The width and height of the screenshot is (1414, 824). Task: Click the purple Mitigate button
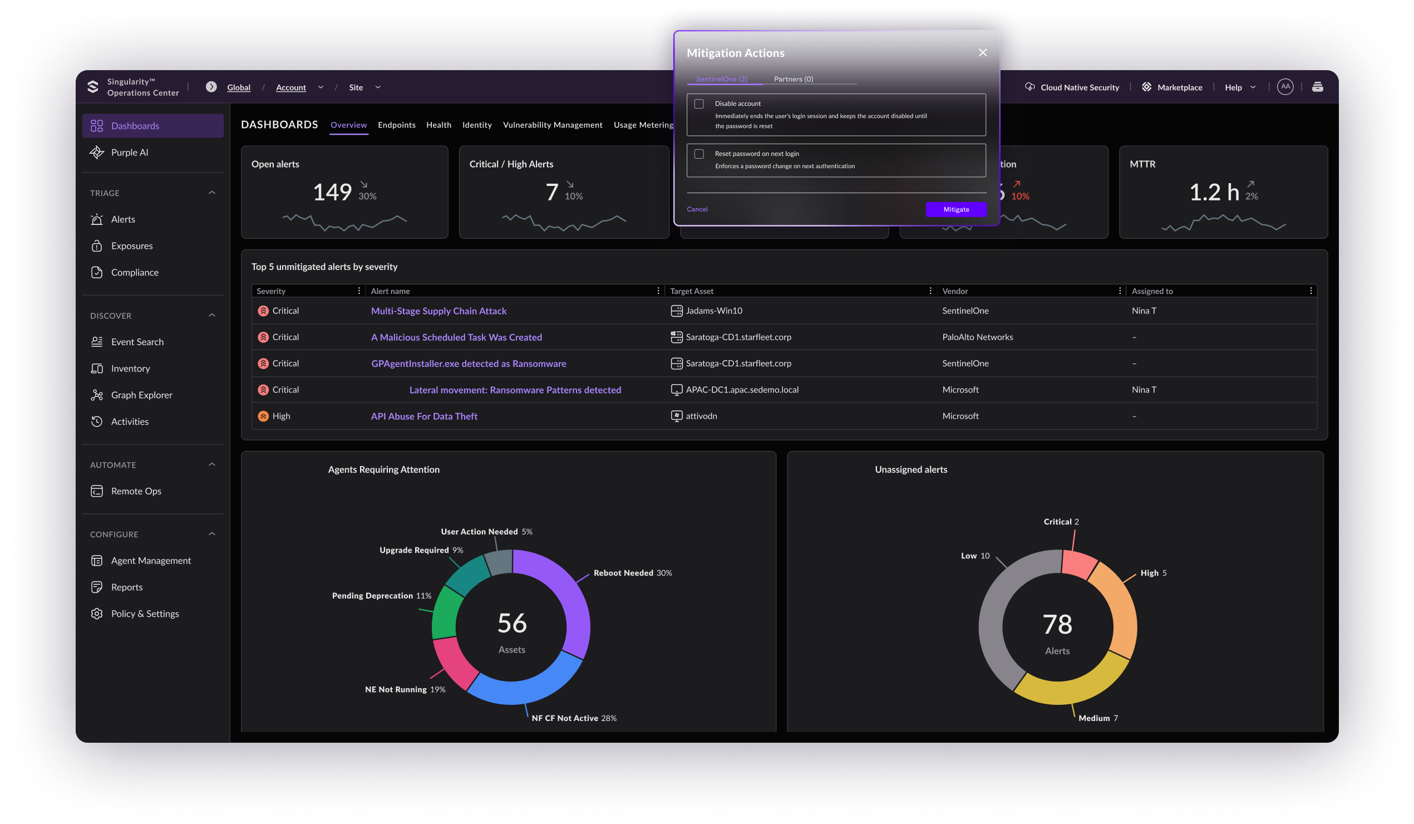955,209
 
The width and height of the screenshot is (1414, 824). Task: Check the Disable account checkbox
699,104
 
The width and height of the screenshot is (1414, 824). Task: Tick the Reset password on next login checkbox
699,154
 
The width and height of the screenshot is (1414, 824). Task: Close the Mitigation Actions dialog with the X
983,52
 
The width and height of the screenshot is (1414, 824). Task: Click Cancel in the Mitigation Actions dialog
697,209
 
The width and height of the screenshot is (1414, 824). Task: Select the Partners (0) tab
793,79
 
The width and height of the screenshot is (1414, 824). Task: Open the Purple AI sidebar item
130,153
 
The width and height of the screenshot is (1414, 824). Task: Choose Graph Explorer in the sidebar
141,395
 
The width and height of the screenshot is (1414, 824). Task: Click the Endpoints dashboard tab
396,125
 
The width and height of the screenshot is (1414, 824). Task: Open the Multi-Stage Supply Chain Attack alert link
439,311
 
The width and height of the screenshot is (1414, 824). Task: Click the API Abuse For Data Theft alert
423,416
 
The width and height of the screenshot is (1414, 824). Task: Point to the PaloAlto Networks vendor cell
977,337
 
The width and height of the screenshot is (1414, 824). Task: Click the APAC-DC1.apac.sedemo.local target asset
741,390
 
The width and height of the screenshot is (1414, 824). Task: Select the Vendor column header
955,291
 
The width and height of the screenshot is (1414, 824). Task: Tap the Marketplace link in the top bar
1179,87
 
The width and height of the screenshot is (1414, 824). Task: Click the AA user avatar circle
1285,87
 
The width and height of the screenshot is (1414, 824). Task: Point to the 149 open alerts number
332,193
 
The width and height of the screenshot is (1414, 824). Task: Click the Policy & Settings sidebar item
145,614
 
